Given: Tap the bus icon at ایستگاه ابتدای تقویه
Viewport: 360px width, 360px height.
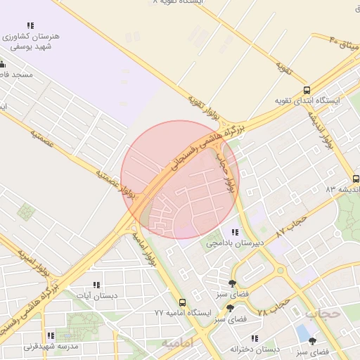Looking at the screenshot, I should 307,90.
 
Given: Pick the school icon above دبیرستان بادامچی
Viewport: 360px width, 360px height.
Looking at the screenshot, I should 234,232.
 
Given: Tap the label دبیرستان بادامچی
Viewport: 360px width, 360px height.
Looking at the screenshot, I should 235,243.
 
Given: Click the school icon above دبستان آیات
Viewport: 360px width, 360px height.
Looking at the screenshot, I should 97,285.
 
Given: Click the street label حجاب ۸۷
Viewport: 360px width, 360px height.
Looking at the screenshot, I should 292,226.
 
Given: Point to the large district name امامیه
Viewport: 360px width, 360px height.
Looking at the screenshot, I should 176,343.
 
